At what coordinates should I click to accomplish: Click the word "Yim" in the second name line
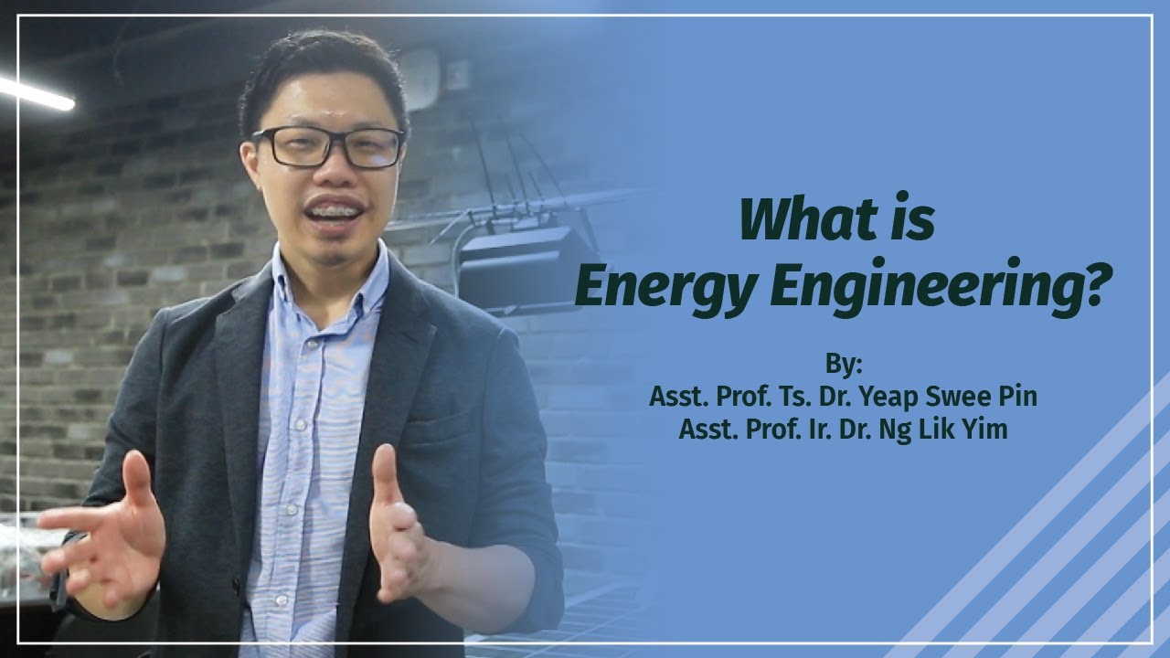tap(986, 429)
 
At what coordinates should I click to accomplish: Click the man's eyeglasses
tap(328, 146)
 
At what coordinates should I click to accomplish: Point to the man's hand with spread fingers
tap(105, 530)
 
